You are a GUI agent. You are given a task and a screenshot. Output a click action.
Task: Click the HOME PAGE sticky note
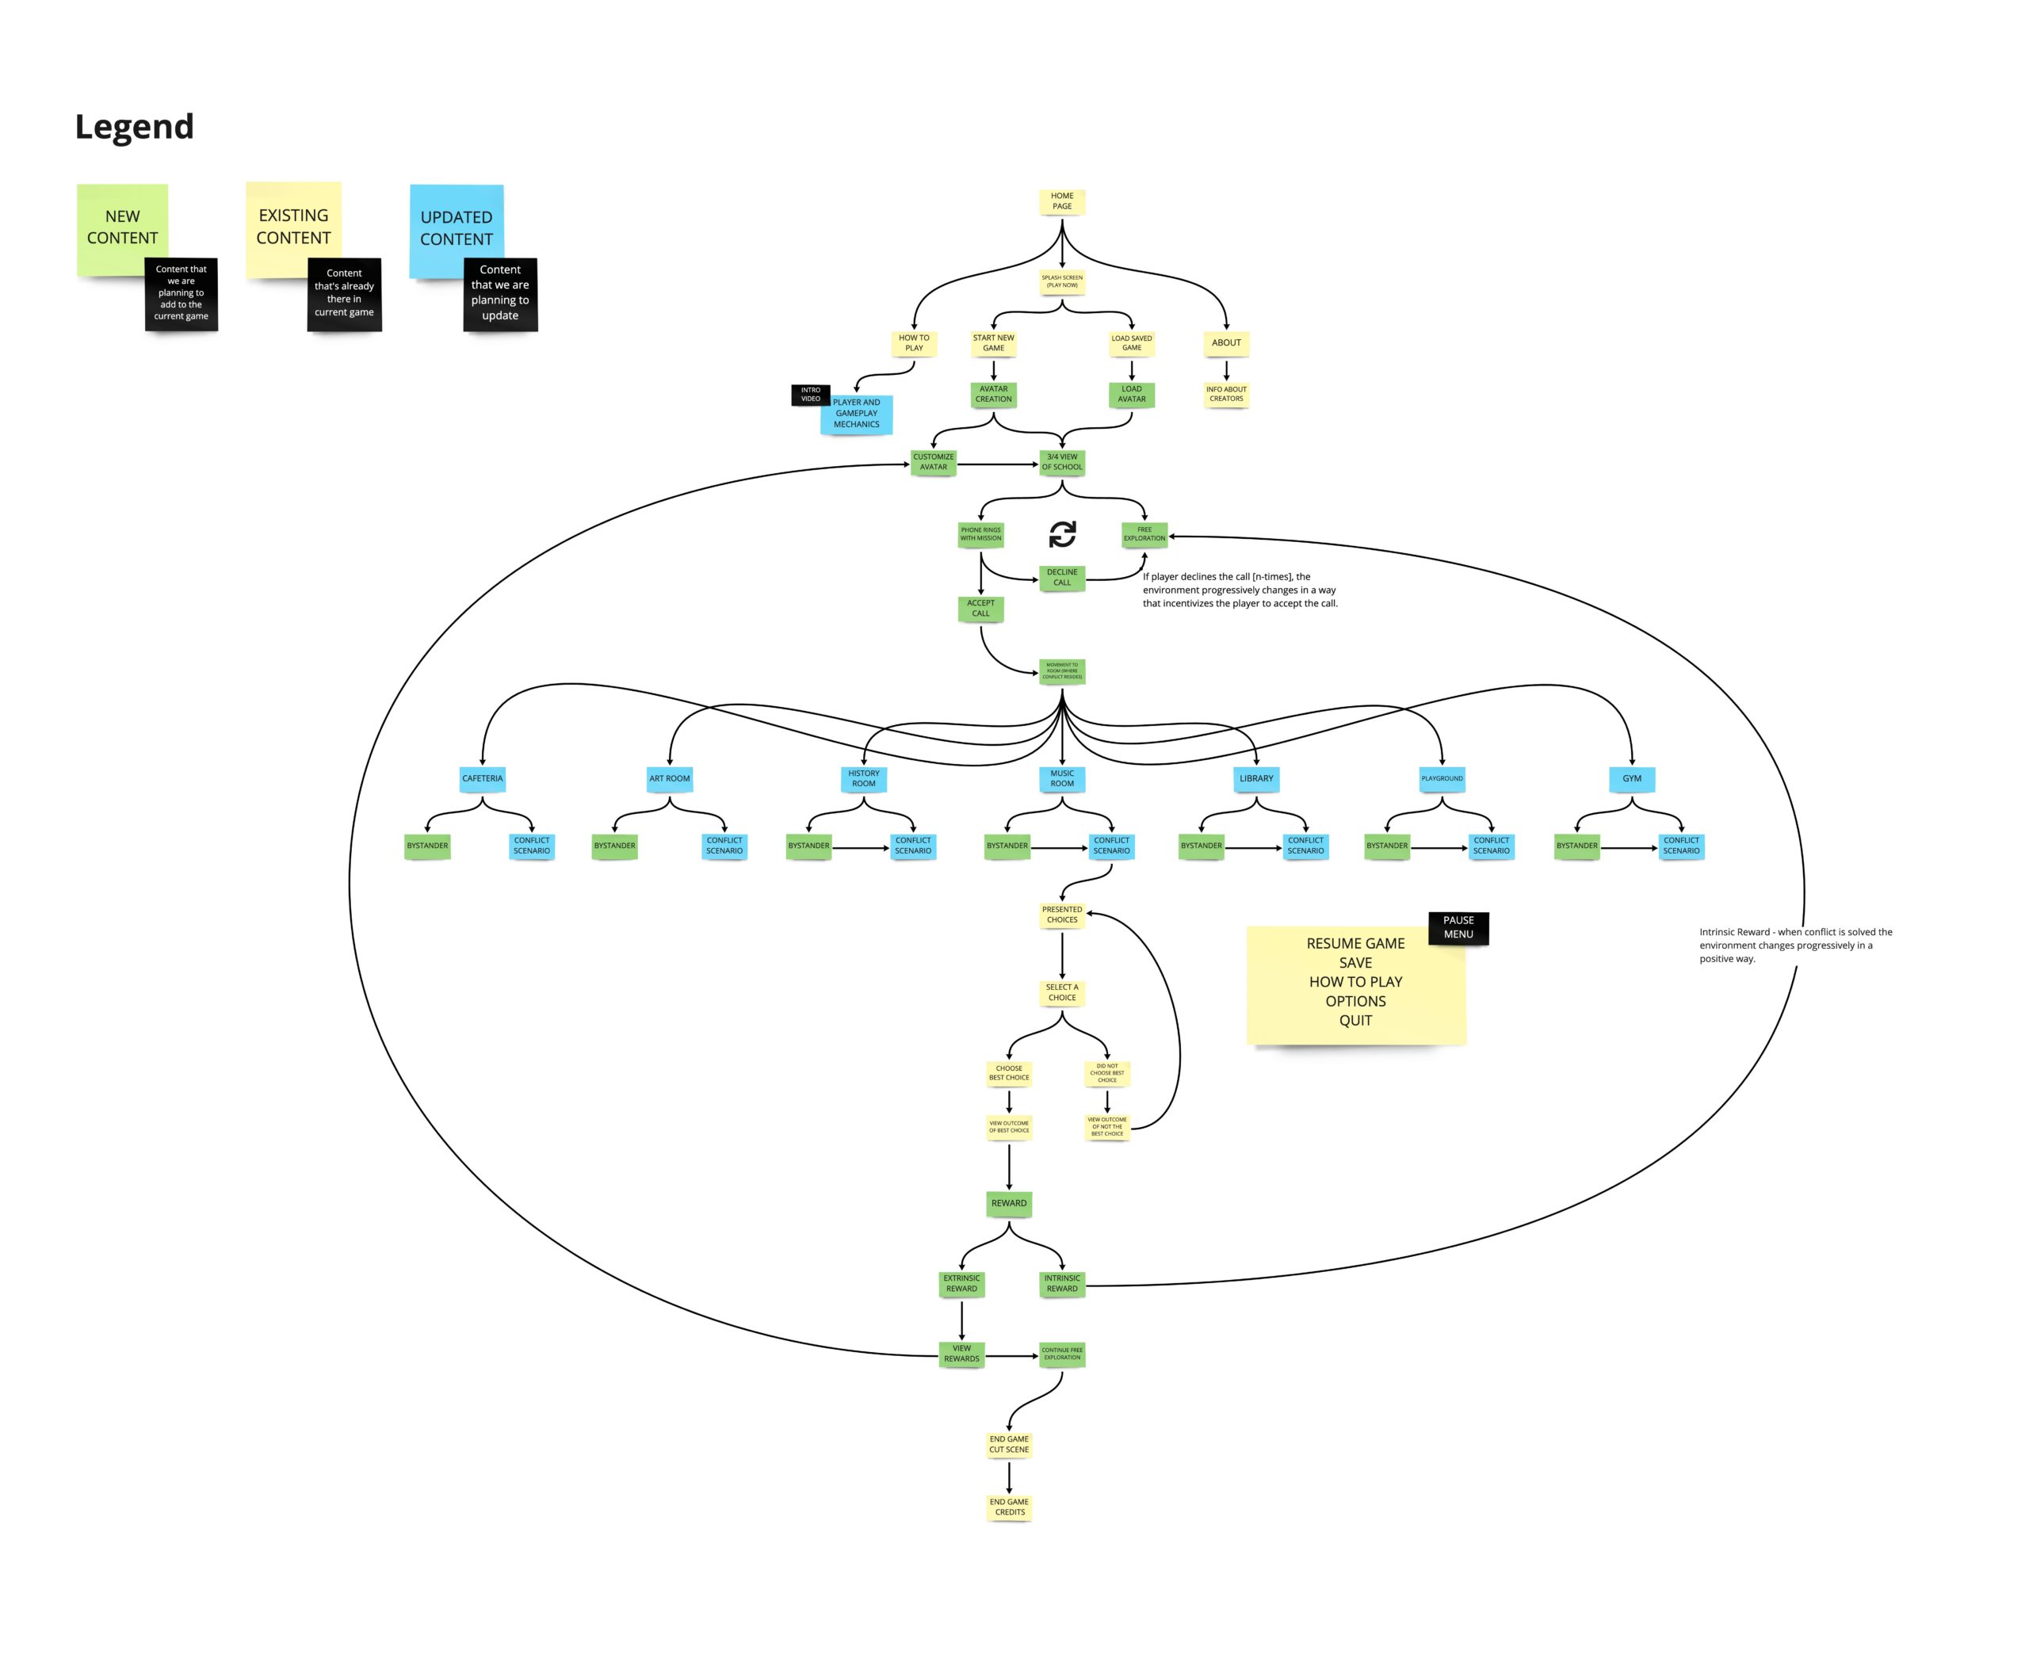[x=1061, y=201]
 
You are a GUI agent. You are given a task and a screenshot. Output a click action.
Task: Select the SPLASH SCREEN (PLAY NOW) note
[x=1061, y=281]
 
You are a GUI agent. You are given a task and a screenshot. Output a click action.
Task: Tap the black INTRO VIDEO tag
[x=810, y=395]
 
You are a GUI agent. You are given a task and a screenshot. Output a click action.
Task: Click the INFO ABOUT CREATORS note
[x=1225, y=394]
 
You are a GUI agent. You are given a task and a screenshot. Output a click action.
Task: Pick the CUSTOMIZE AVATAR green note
[x=933, y=462]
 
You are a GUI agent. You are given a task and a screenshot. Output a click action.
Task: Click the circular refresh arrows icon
[x=1062, y=534]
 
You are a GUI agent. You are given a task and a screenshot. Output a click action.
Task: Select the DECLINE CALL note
[x=1061, y=578]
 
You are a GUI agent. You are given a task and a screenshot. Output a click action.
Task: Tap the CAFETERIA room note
[x=482, y=778]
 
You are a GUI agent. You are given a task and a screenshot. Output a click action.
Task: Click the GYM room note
[x=1631, y=778]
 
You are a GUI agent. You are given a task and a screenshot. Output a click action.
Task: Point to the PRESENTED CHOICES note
[x=1061, y=915]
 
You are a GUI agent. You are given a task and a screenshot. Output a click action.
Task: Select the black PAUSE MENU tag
[x=1458, y=927]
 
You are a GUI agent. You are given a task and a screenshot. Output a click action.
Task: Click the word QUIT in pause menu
[x=1355, y=1021]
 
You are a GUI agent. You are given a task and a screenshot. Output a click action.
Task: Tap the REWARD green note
[x=1008, y=1203]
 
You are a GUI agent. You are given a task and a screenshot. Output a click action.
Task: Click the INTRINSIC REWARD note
[x=1061, y=1283]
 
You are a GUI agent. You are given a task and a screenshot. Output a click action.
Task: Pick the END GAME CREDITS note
[x=1009, y=1507]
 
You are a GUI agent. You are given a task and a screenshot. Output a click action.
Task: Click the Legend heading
[x=134, y=127]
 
